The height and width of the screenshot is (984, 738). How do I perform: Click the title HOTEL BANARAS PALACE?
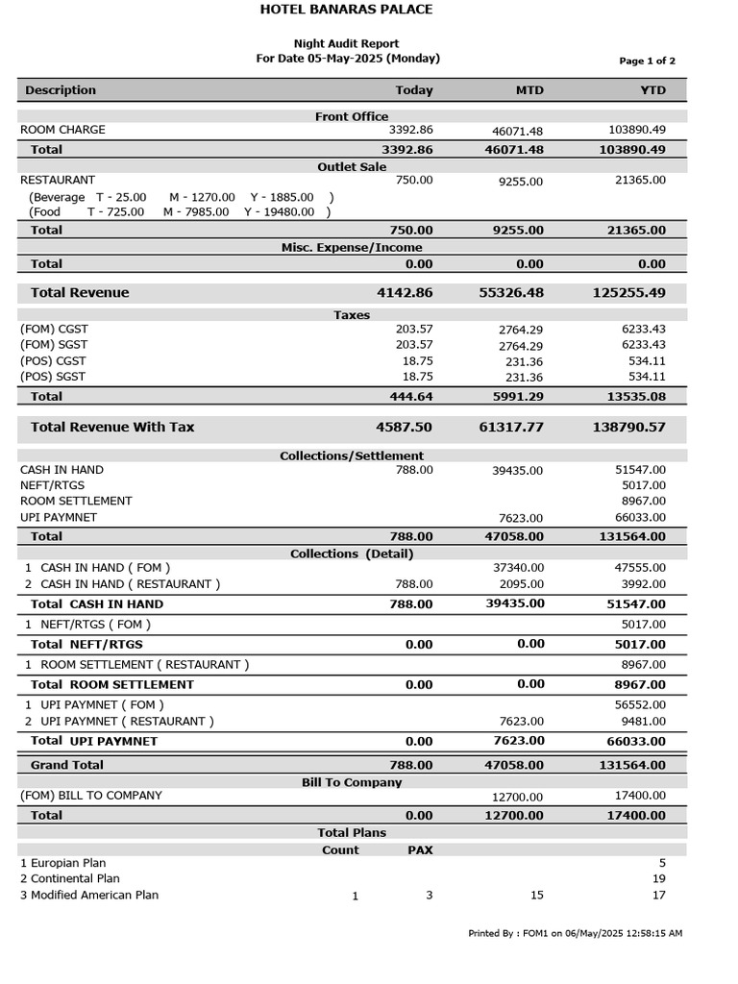pyautogui.click(x=346, y=10)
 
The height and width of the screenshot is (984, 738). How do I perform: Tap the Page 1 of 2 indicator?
pyautogui.click(x=647, y=61)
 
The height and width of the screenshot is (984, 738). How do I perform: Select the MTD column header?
pyautogui.click(x=529, y=90)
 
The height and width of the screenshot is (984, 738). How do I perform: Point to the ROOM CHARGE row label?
pyautogui.click(x=62, y=130)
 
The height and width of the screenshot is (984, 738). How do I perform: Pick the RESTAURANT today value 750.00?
pyautogui.click(x=414, y=181)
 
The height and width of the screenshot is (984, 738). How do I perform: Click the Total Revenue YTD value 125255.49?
pyautogui.click(x=628, y=293)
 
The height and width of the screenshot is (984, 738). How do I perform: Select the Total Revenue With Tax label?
pyautogui.click(x=112, y=428)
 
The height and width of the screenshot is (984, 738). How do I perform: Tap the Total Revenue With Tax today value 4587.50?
pyautogui.click(x=405, y=428)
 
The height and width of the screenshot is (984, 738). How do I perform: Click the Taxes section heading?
pyautogui.click(x=352, y=315)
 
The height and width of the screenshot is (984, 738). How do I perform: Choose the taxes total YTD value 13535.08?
pyautogui.click(x=630, y=397)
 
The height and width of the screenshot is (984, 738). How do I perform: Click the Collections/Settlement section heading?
pyautogui.click(x=352, y=455)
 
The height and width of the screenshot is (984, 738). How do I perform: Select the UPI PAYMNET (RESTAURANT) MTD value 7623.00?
pyautogui.click(x=520, y=722)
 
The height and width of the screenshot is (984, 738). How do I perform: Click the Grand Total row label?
pyautogui.click(x=67, y=765)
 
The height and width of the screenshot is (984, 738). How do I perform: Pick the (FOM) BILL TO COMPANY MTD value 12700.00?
pyautogui.click(x=517, y=797)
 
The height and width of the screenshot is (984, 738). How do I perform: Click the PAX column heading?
pyautogui.click(x=420, y=850)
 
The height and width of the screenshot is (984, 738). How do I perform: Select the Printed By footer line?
pyautogui.click(x=575, y=933)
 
